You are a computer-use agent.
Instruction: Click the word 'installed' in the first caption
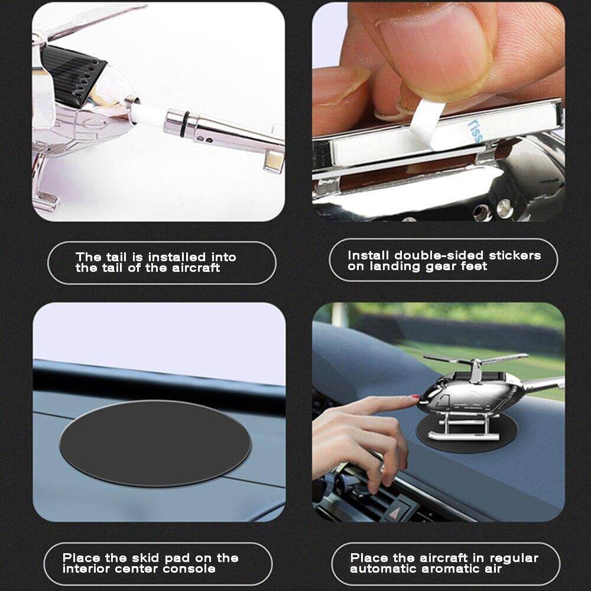177,257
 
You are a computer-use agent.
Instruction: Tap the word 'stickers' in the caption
515,255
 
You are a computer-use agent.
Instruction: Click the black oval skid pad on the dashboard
155,443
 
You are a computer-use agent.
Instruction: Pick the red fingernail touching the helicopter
415,397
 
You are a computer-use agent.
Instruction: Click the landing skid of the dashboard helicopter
460,437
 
